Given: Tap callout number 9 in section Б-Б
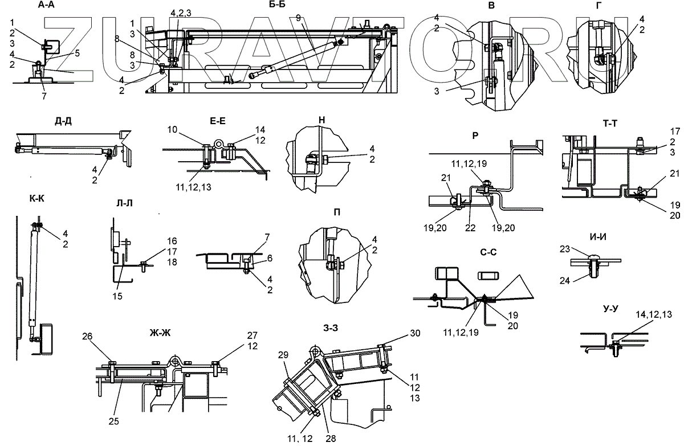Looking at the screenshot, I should point(299,18).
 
